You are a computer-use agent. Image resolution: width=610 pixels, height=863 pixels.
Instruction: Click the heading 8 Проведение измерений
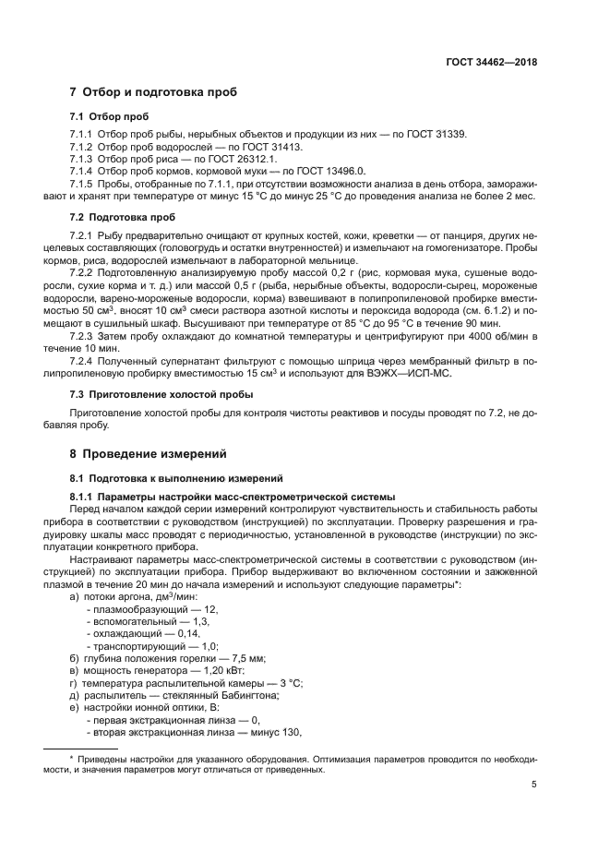[x=149, y=454]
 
